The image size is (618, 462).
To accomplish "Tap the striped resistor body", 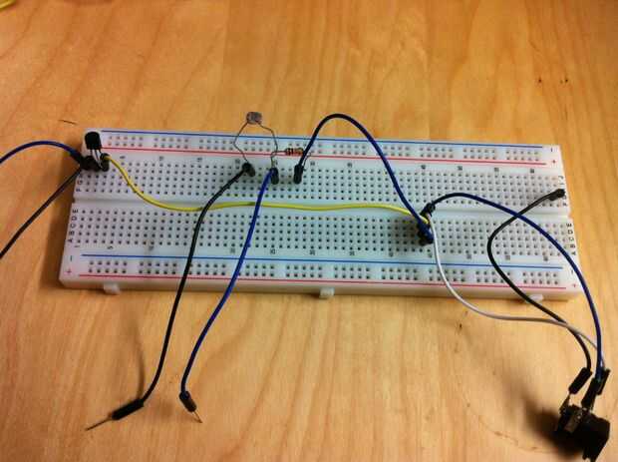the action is pyautogui.click(x=293, y=152).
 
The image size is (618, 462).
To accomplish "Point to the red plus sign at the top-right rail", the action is pyautogui.click(x=554, y=162).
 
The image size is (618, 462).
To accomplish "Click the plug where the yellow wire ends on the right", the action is pyautogui.click(x=425, y=214).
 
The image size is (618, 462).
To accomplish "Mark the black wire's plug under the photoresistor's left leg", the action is pyautogui.click(x=245, y=172).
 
